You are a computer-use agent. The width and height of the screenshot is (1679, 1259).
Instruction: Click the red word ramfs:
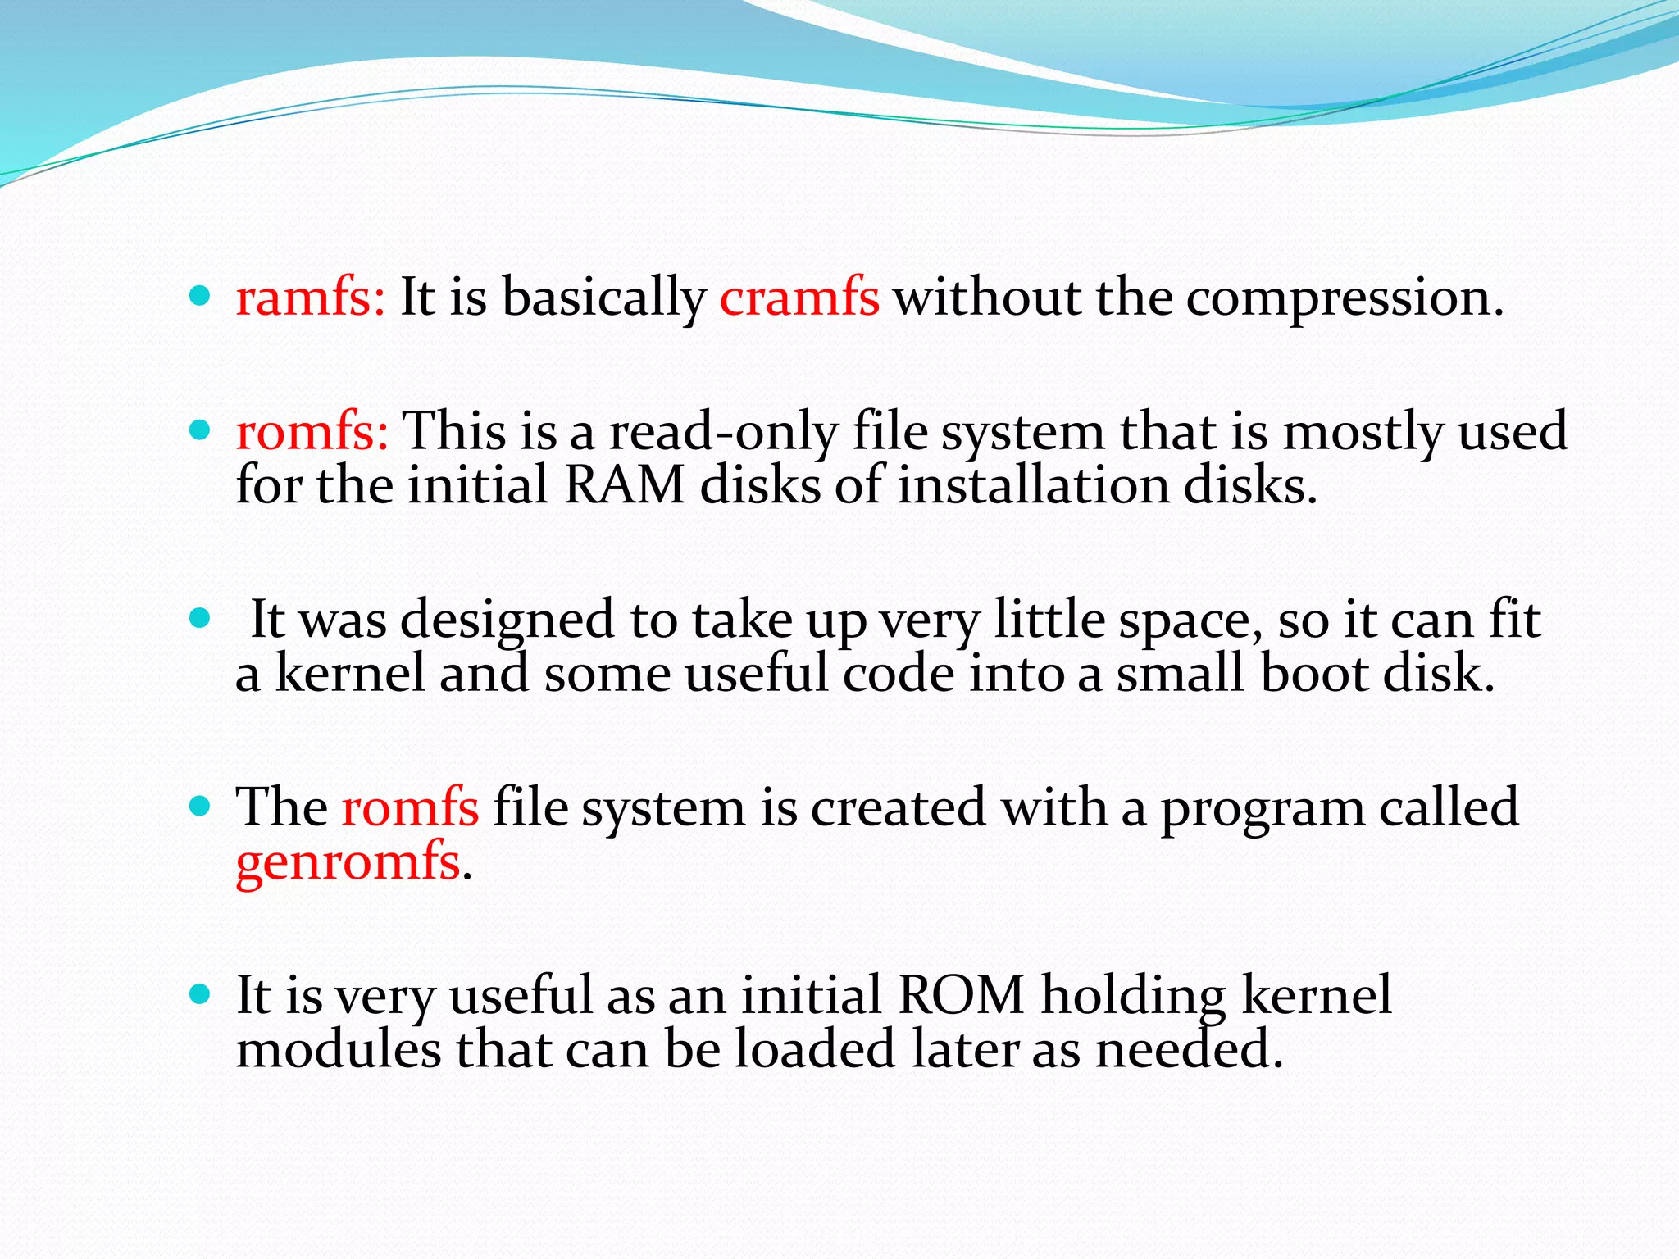pos(310,297)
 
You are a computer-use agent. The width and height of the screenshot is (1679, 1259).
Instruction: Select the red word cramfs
pos(799,297)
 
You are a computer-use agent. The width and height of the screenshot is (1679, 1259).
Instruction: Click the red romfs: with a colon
pos(312,431)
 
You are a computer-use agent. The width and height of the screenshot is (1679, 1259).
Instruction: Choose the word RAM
pos(625,484)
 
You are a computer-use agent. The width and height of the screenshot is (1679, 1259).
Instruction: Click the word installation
pos(1032,484)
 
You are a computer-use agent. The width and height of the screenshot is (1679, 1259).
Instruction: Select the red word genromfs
pos(348,863)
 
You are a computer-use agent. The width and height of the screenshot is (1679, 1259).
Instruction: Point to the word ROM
pos(962,995)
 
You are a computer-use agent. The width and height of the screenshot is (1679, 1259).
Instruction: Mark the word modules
pos(339,1049)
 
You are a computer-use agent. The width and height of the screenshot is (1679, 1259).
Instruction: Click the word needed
pos(1188,1049)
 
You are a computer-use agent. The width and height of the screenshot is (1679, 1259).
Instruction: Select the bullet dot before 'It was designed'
pos(199,617)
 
